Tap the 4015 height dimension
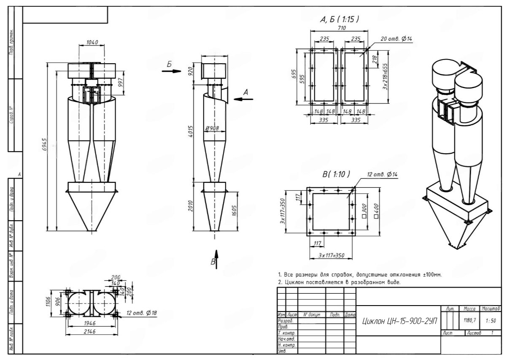pos(191,134)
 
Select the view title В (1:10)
pos(336,174)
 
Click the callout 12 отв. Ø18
pos(143,313)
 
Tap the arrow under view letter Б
pos(170,71)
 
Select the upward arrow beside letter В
pos(216,254)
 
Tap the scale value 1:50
pos(490,321)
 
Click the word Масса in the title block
pos(470,310)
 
